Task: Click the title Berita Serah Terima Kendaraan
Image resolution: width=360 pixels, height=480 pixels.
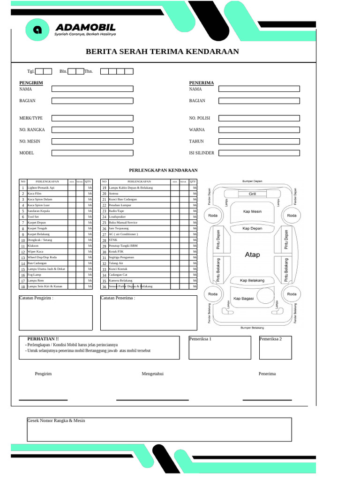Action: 162,52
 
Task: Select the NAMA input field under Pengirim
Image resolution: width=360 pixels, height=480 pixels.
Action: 92,89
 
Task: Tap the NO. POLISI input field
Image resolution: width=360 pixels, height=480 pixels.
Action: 259,118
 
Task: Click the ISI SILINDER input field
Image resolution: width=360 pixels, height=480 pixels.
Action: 259,153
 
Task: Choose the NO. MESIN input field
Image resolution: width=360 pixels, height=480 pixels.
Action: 92,141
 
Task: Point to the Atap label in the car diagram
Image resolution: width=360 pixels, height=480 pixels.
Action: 252,255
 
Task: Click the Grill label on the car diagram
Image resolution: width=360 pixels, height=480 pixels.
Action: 252,193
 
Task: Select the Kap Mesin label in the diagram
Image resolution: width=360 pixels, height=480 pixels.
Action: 252,211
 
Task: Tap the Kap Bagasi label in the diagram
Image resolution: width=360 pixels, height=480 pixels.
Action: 243,298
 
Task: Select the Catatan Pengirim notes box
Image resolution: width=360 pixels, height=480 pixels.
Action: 56,313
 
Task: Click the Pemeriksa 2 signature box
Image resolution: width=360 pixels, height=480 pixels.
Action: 275,347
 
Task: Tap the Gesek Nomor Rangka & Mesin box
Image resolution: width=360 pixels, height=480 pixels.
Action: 159,429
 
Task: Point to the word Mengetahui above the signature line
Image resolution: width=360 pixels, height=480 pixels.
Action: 153,374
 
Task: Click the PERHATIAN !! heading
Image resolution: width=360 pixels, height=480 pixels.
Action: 43,338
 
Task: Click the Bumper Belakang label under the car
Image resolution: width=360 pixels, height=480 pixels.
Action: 252,328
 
